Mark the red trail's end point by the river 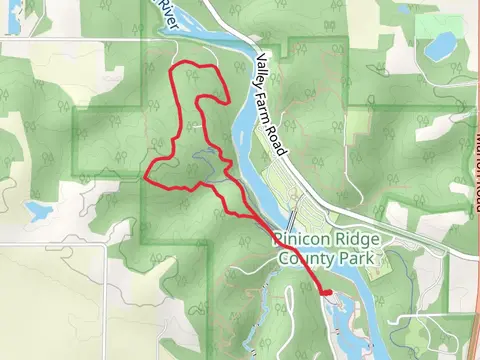326,291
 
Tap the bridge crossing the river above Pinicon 292,216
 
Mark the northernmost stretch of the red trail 195,66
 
